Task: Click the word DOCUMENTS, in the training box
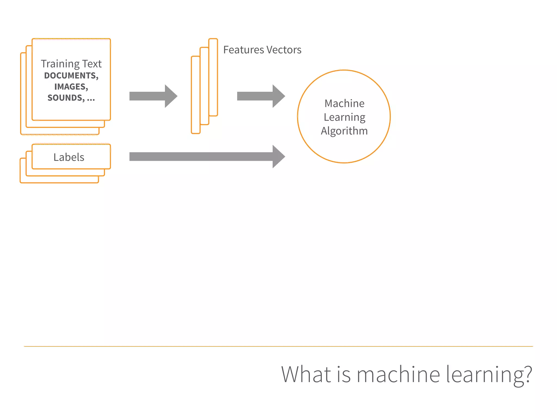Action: point(71,76)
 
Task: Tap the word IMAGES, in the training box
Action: point(71,87)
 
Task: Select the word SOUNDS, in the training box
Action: point(66,98)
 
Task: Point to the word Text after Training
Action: point(92,64)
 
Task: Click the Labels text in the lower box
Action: point(69,157)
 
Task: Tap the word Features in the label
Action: point(243,50)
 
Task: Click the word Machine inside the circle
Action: point(344,103)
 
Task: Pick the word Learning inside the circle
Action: point(344,117)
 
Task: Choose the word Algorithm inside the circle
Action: point(344,131)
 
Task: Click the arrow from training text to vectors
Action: point(153,96)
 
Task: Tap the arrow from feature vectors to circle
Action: point(261,96)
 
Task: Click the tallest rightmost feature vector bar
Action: point(213,77)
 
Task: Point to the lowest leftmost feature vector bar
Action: point(196,95)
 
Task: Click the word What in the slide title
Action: point(306,374)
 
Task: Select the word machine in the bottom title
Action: point(398,374)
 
